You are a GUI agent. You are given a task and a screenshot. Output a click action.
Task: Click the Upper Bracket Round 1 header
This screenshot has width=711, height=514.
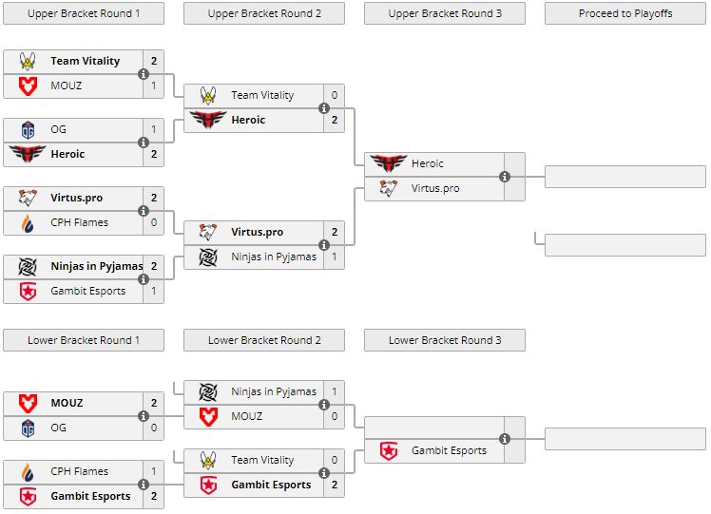click(x=84, y=13)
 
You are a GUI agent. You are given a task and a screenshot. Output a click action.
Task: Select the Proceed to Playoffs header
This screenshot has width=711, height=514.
click(x=625, y=13)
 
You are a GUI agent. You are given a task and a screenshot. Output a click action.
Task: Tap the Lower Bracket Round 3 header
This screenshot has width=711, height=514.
click(x=445, y=340)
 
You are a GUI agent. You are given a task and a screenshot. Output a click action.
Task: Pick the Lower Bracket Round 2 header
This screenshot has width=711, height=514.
click(x=264, y=340)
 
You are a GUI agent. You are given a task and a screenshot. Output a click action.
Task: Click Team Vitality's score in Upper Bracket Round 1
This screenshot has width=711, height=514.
click(x=154, y=61)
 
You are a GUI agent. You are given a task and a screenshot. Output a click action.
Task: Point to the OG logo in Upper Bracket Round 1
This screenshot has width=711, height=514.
click(x=28, y=129)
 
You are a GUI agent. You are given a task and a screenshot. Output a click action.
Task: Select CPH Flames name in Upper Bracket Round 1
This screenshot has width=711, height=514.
click(x=79, y=222)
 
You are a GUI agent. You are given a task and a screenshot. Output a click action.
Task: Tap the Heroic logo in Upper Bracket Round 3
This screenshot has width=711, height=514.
click(x=389, y=163)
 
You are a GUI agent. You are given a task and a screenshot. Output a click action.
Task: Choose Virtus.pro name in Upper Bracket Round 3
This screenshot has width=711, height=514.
click(x=435, y=188)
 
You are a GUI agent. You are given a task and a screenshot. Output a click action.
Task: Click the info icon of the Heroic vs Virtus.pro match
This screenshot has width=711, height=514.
click(x=505, y=176)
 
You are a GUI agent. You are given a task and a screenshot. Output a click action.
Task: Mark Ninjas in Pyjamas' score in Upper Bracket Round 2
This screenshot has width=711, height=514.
click(x=335, y=257)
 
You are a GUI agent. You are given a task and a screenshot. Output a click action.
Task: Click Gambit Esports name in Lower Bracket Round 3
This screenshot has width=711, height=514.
click(x=449, y=450)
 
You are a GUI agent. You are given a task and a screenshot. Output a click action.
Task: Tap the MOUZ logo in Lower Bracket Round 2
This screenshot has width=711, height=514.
click(x=208, y=416)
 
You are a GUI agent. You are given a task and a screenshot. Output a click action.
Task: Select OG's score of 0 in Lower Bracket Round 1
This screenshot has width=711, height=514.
click(x=154, y=428)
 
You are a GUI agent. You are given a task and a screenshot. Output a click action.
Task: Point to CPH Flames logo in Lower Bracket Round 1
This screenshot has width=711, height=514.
click(x=28, y=471)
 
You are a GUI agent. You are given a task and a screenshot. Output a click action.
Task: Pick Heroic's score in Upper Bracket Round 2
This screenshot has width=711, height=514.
click(x=335, y=120)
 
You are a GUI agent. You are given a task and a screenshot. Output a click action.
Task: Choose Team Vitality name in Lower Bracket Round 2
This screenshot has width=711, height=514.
click(x=262, y=460)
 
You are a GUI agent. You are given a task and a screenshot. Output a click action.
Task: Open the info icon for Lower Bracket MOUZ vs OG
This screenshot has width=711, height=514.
click(x=144, y=415)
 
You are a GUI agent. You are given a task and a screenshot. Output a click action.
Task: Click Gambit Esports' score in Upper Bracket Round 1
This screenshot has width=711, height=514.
click(x=154, y=291)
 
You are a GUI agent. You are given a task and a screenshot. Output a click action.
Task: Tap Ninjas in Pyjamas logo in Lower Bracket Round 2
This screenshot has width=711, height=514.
click(x=208, y=391)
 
